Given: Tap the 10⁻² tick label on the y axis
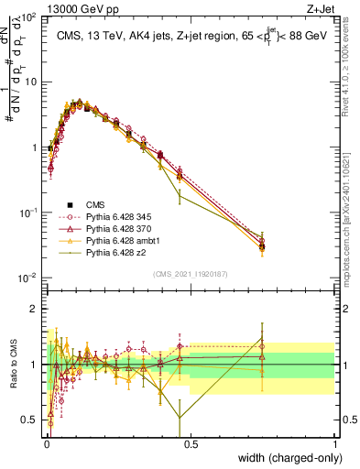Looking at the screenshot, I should [x=27, y=278].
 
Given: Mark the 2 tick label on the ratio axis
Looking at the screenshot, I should [x=34, y=309].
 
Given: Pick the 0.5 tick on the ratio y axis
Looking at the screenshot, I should [x=30, y=420].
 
